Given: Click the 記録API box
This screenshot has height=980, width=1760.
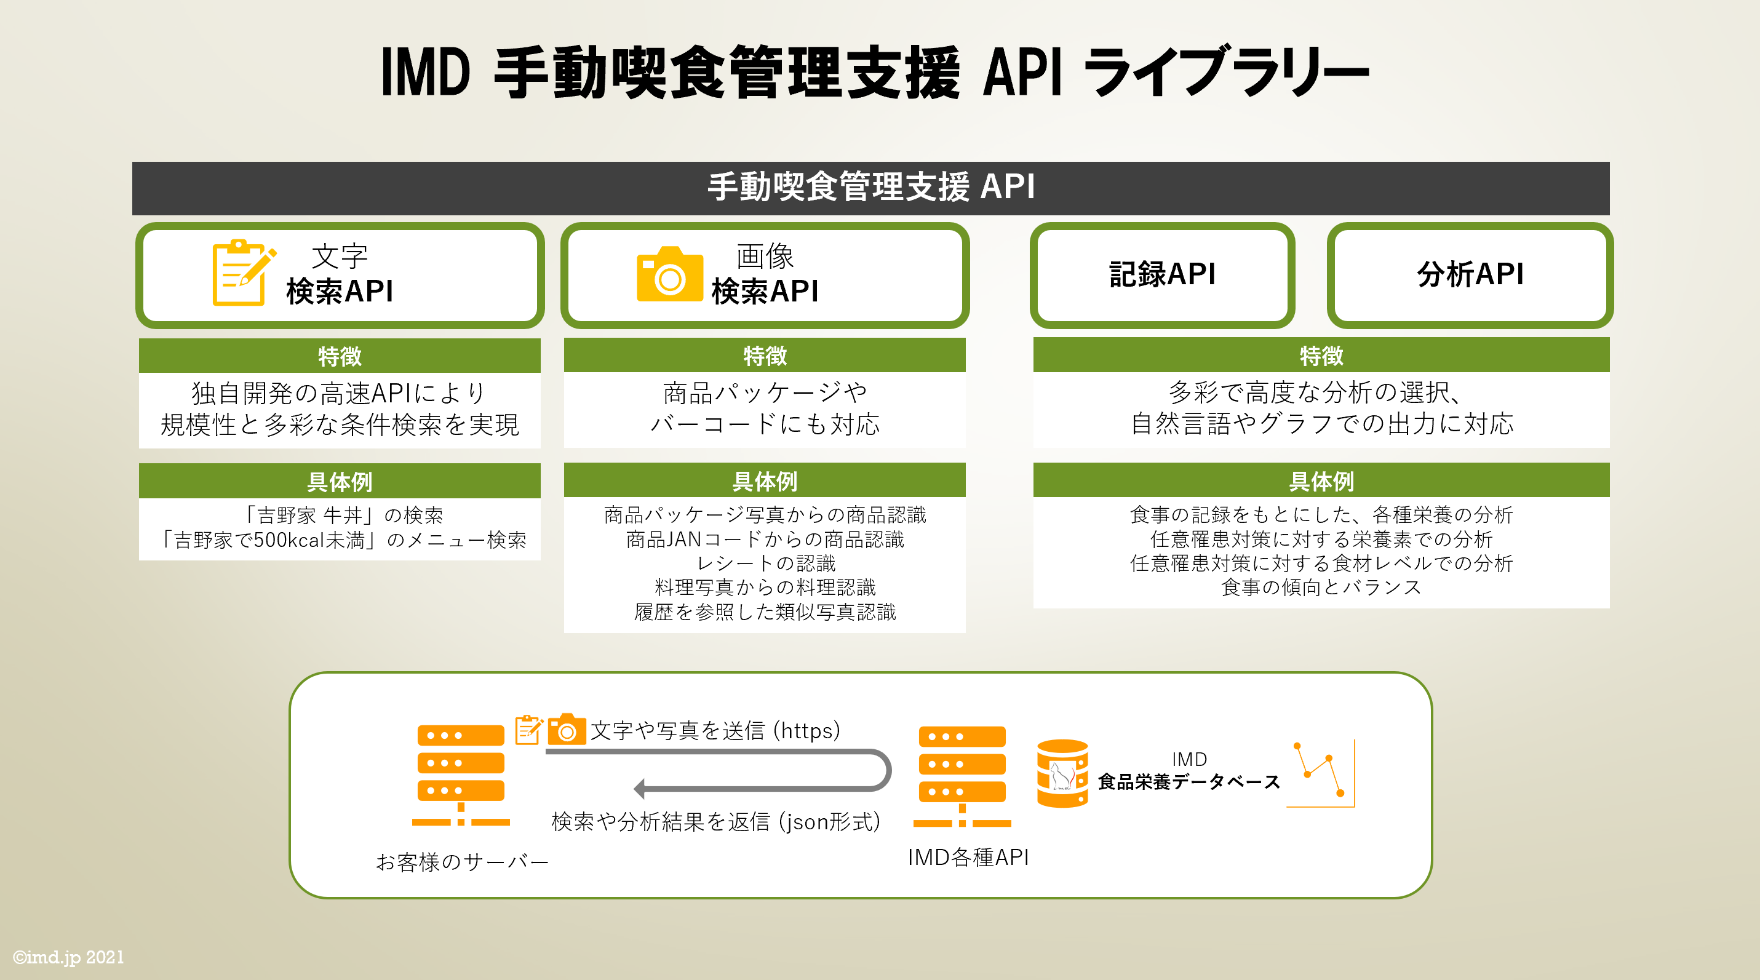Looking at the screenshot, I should [1161, 275].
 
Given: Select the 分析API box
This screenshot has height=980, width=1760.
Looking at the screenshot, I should [1470, 275].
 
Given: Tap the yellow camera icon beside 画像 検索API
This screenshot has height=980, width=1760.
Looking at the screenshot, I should [669, 275].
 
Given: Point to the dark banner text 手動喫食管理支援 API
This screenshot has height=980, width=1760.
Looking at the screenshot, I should [870, 187].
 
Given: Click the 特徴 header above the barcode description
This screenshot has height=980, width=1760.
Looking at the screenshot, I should [764, 356].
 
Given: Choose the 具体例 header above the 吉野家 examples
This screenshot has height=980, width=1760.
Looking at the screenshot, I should [339, 481].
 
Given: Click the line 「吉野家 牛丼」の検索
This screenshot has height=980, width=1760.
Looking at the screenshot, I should [344, 514].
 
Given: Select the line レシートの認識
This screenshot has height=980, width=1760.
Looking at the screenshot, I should [765, 563].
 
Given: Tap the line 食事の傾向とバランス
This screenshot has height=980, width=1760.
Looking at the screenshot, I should [1320, 587].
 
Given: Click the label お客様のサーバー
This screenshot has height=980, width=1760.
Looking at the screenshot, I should [462, 861].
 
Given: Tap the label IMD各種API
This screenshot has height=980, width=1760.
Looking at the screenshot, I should [968, 857].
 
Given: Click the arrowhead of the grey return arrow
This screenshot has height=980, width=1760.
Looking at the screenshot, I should [640, 789].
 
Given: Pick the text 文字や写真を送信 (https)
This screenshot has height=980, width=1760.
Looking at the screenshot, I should [715, 731].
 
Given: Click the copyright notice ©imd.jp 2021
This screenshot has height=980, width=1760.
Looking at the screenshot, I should [68, 957].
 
